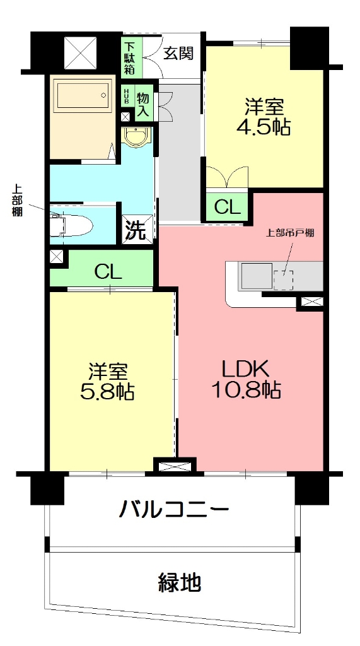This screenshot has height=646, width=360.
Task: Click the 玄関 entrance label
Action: tap(178, 53)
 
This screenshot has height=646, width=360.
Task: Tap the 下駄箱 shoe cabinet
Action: tap(129, 57)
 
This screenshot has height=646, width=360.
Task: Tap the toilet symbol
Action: tap(74, 223)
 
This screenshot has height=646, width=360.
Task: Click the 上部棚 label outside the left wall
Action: tap(17, 200)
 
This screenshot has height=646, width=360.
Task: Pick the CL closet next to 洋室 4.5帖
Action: tap(226, 206)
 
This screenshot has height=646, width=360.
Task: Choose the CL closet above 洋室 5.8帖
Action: tap(108, 271)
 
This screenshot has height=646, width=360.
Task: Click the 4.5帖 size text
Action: tap(263, 127)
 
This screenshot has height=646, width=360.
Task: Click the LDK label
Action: tap(245, 368)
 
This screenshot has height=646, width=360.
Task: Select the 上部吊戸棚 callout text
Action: tap(290, 232)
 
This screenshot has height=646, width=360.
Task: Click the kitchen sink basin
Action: tap(255, 276)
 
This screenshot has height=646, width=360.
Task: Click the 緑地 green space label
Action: tap(179, 581)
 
